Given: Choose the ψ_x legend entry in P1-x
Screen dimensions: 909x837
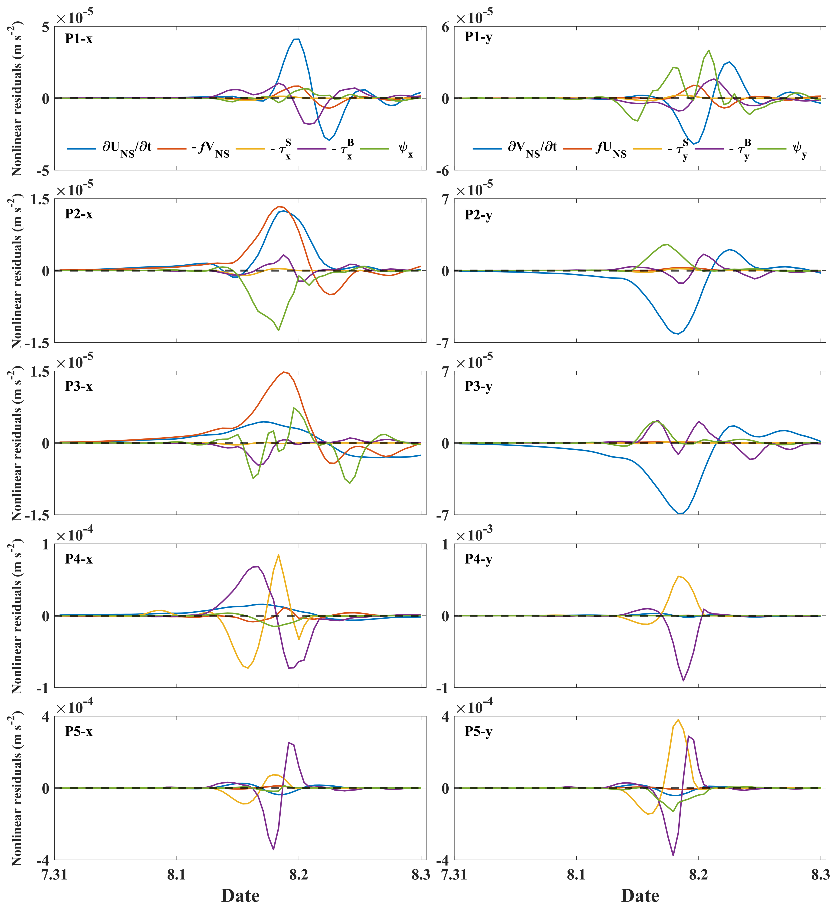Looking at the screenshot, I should pos(405,148).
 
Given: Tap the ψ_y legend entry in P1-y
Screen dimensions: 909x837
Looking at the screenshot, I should pos(799,148).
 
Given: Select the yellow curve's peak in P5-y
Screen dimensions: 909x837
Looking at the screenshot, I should pos(678,720).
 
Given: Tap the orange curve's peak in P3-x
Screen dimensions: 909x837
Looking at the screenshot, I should pos(284,372).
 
